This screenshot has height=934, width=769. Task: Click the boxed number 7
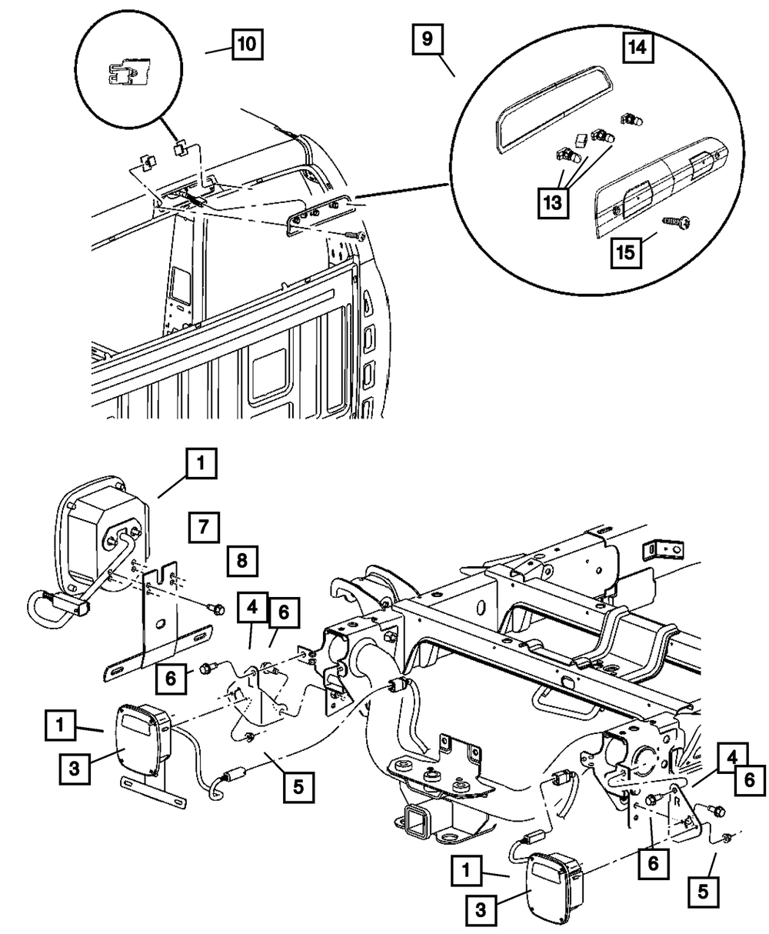pyautogui.click(x=202, y=527)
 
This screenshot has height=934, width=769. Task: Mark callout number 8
pyautogui.click(x=242, y=561)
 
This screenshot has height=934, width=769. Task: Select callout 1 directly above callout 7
pyautogui.click(x=201, y=463)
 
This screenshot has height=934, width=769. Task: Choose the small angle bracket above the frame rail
pyautogui.click(x=662, y=549)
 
